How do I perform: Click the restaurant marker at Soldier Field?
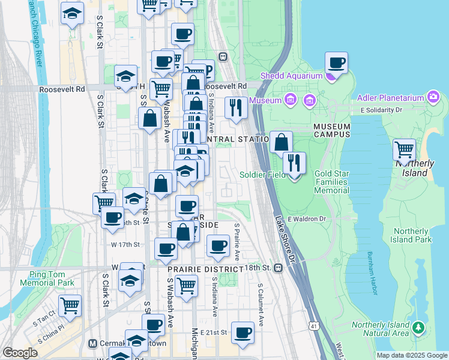(x=294, y=163)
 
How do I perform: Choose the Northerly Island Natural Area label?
(x=381, y=329)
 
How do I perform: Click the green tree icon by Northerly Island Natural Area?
(x=418, y=328)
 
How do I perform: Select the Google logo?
(x=20, y=353)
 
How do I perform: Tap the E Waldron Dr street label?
(x=306, y=219)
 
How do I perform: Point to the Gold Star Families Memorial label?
(x=332, y=182)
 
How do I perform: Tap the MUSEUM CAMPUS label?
(x=331, y=130)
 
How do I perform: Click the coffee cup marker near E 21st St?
(x=243, y=333)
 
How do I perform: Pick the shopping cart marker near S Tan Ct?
(x=70, y=305)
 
